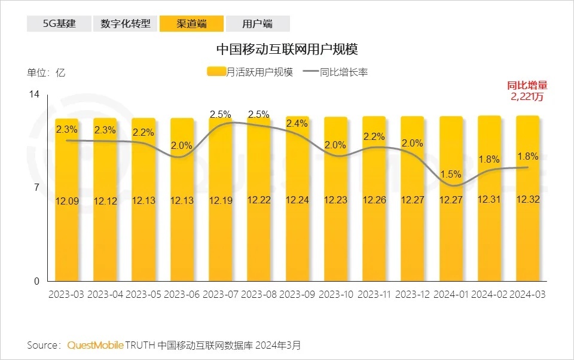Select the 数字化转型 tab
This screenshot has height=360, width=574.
pos(125,24)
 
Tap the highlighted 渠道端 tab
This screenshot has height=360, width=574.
pos(191,24)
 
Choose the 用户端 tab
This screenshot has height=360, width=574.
pos(258,24)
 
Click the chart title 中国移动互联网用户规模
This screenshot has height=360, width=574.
pos(286,47)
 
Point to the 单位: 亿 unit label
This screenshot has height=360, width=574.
pos(46,73)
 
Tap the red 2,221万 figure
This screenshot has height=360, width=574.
pos(527,97)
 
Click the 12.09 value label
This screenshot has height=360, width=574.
pos(66,200)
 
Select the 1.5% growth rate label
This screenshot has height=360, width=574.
pos(450,175)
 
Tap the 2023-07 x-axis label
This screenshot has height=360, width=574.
pos(221,295)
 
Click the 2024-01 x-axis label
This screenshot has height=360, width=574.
pos(451,295)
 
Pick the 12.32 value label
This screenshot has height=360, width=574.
pos(527,200)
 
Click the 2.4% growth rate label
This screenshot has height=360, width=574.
pos(297,124)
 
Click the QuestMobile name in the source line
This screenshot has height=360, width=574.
pos(96,345)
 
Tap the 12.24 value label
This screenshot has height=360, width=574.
pos(297,200)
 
